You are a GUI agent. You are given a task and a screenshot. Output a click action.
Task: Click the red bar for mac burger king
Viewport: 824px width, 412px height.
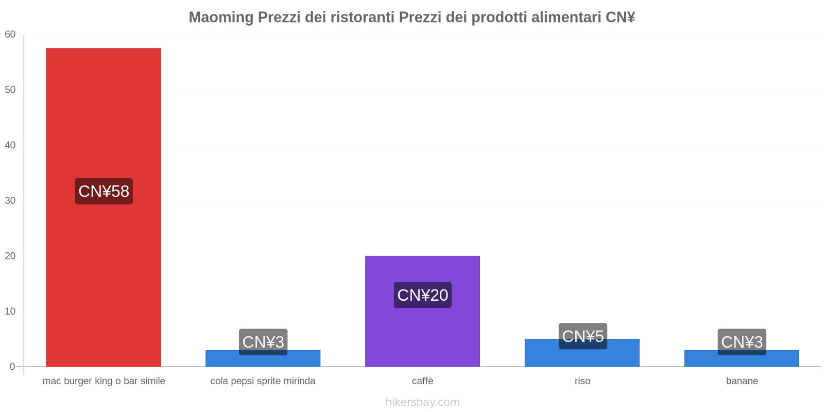[x=103, y=113]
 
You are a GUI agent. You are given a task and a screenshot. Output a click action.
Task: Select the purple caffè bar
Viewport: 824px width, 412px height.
[x=422, y=330]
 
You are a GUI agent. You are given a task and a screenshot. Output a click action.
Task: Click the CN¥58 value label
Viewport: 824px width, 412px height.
[x=104, y=192]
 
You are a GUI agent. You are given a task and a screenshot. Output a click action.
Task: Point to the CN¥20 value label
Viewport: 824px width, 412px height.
[x=422, y=295]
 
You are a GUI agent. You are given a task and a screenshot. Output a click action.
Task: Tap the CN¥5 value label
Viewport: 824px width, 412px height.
[x=582, y=336]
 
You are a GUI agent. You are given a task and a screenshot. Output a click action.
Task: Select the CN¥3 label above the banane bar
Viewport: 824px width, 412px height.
[x=742, y=342]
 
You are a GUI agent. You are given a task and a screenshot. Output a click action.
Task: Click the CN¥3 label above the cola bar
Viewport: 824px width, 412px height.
[x=263, y=342]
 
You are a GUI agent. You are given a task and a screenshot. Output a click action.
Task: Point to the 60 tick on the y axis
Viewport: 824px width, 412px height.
[x=10, y=35]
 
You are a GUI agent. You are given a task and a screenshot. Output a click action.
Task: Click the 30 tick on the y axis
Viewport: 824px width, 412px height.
[x=10, y=200]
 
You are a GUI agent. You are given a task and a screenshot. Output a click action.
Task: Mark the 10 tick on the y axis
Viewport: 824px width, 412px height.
[x=10, y=311]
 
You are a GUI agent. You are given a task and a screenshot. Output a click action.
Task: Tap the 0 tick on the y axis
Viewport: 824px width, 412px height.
[x=12, y=367]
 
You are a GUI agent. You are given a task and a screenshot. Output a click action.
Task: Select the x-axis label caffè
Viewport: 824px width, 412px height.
[x=422, y=381]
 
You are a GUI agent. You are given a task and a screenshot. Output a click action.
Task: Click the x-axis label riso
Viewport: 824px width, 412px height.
[x=582, y=381]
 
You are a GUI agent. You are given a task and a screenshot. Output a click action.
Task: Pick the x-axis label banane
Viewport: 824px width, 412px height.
[x=742, y=381]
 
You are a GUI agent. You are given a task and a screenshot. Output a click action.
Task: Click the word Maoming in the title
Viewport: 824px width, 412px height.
[x=220, y=18]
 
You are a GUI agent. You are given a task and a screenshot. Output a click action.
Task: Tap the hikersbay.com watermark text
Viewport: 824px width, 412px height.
[x=422, y=402]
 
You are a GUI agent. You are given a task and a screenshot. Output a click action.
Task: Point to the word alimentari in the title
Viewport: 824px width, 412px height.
[x=566, y=18]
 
